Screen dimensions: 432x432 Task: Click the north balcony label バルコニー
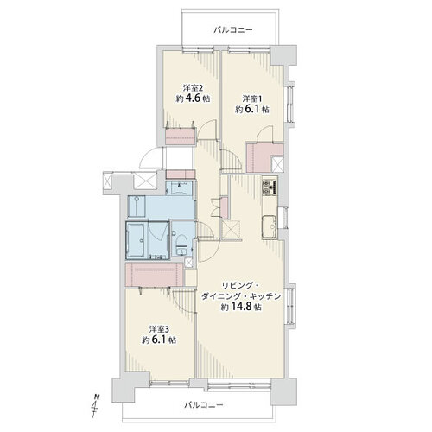[233, 30]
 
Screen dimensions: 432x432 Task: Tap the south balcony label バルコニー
[204, 405]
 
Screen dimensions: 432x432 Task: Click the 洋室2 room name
[193, 87]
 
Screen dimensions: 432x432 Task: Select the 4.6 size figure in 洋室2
[193, 98]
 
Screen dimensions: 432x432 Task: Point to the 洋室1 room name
[252, 98]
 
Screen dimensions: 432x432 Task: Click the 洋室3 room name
[159, 329]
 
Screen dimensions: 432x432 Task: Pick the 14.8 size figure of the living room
[241, 307]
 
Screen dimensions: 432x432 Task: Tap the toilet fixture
[181, 245]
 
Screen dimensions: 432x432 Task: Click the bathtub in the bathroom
[137, 240]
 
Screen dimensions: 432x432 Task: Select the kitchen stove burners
[270, 187]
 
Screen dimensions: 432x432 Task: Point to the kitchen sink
[270, 226]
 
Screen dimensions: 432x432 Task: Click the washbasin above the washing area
[179, 188]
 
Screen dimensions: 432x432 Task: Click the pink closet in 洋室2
[181, 137]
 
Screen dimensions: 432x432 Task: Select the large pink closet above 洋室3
[154, 274]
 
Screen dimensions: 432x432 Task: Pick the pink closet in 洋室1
[262, 157]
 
